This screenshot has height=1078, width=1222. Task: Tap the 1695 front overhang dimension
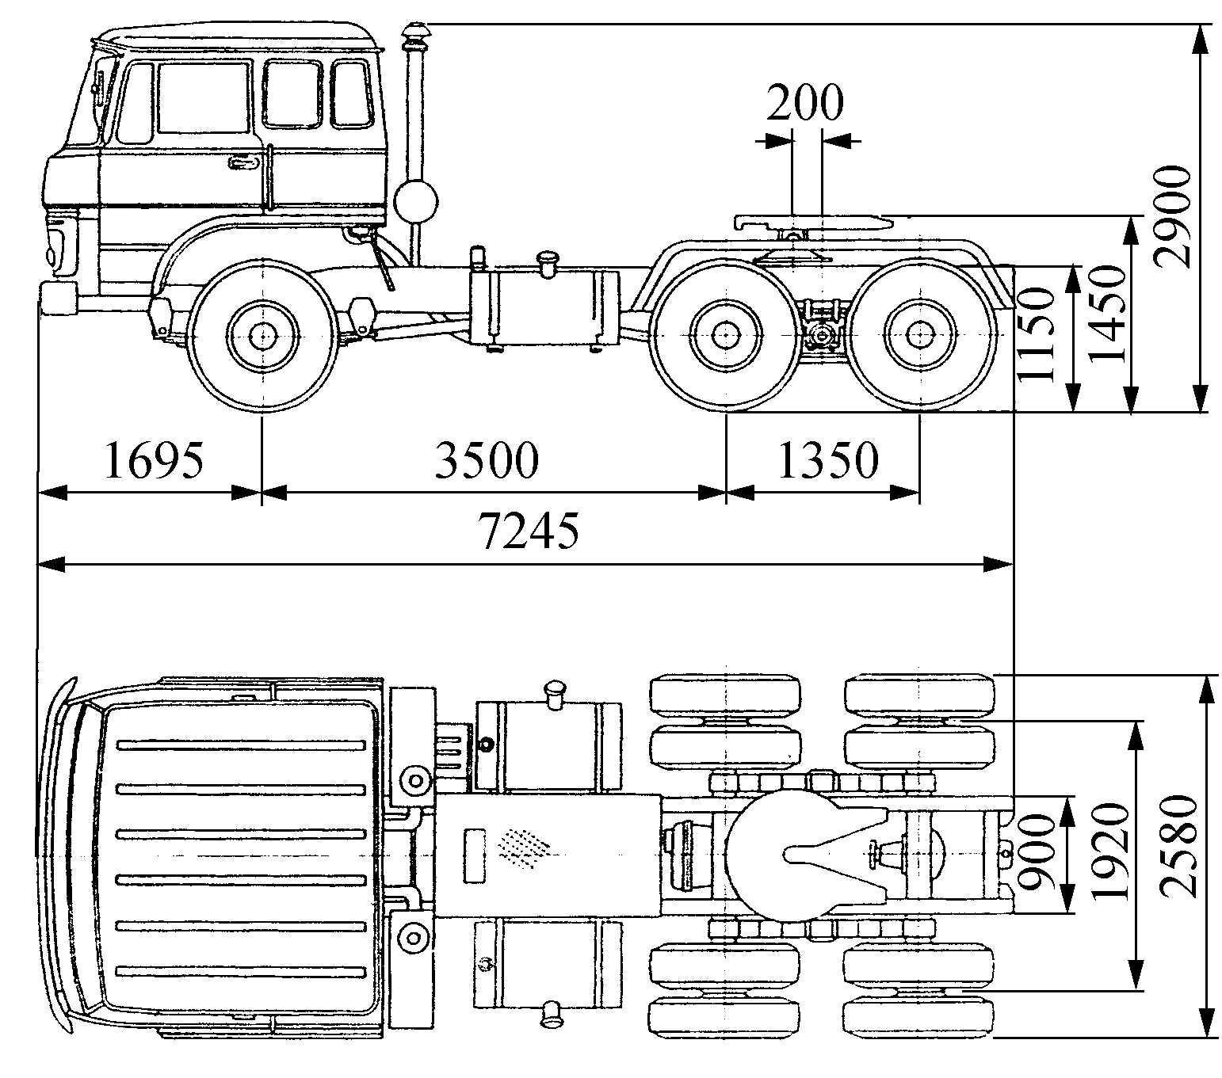[x=154, y=461]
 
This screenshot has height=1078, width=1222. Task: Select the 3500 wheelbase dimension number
[x=486, y=461]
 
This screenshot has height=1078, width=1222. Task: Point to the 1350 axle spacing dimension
[x=828, y=461]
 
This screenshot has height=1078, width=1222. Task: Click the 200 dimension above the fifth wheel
[x=805, y=103]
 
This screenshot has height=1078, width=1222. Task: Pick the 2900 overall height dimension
[x=1172, y=216]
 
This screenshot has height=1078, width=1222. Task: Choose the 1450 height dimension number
[x=1108, y=314]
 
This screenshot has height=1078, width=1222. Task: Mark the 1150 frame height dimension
[x=1039, y=334]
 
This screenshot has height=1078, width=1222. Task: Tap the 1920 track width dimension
[x=1109, y=851]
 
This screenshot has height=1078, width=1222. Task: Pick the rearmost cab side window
[x=350, y=93]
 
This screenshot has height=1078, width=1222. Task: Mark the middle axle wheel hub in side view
[x=724, y=335]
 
